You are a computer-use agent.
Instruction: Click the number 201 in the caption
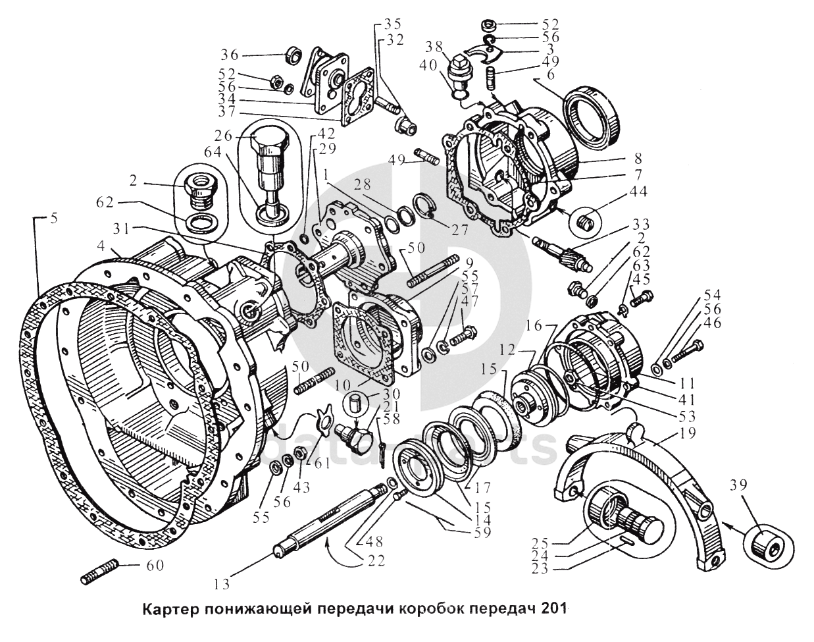pyautogui.click(x=554, y=608)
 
